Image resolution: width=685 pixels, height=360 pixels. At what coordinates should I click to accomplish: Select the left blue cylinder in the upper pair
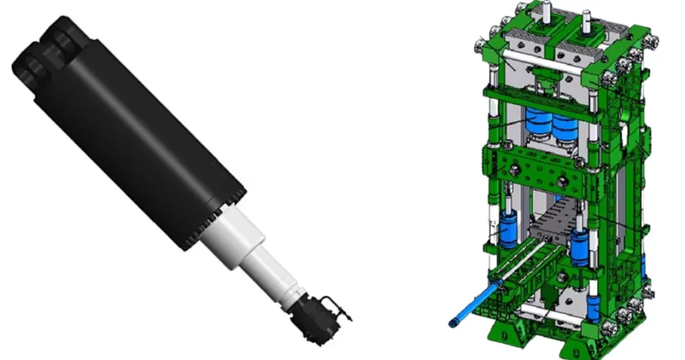pos(538,124)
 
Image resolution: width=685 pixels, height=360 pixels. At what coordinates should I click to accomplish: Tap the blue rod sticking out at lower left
pos(472,305)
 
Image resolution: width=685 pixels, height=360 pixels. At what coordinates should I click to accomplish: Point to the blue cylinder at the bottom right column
pos(593,308)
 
